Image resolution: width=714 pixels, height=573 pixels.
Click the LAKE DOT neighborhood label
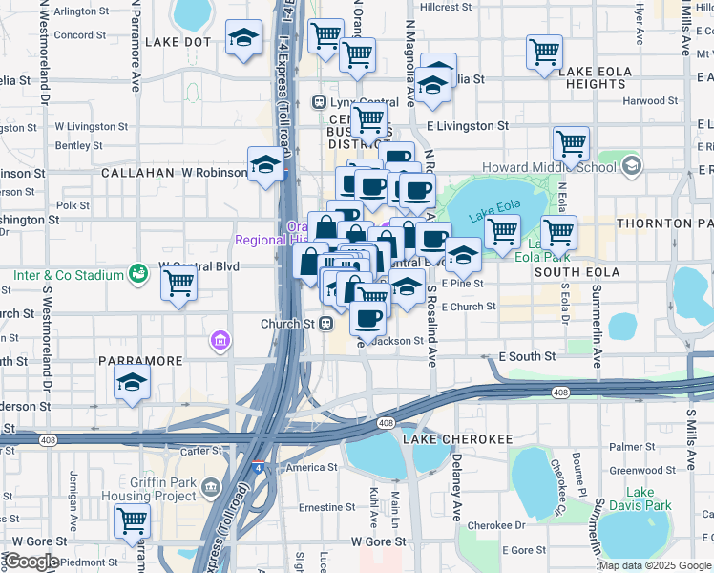pos(178,43)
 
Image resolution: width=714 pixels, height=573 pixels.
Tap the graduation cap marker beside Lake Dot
pos(244,39)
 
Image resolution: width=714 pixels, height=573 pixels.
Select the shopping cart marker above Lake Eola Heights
pos(544,53)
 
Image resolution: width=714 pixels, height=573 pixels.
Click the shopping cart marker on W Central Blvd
pos(178,284)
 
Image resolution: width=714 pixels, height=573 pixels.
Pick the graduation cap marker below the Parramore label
pos(132,384)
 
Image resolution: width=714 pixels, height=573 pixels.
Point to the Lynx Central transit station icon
pos(320,102)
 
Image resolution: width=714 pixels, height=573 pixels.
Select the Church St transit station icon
pos(326,324)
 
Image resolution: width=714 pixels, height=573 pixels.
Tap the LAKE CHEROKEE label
pos(452,439)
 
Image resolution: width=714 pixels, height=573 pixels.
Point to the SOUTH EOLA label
pos(577,272)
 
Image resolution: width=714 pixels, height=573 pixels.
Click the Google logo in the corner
pos(31,562)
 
